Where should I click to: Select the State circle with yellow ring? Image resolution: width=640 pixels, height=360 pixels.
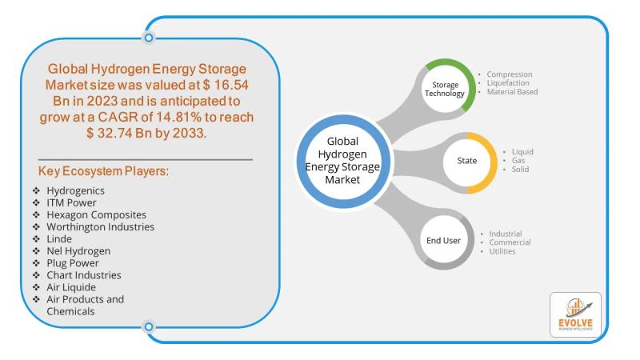pyautogui.click(x=466, y=161)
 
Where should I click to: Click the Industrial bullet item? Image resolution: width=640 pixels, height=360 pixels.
pyautogui.click(x=506, y=234)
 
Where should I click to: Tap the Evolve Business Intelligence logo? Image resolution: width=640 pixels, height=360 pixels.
pyautogui.click(x=575, y=314)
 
